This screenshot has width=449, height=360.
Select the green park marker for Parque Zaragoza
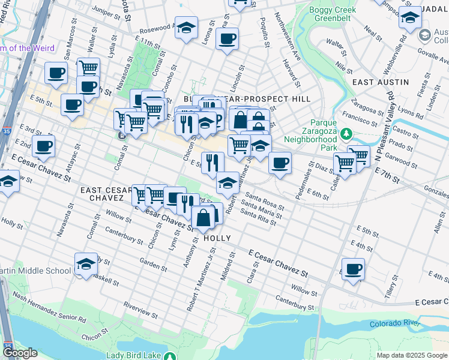click(x=346, y=133)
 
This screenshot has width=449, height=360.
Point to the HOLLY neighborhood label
click(x=217, y=238)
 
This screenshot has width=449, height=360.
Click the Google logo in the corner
click(x=20, y=353)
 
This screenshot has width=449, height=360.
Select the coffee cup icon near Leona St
click(x=227, y=40)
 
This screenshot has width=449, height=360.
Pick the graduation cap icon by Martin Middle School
click(x=86, y=264)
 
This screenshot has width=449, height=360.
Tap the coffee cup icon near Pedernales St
click(x=280, y=163)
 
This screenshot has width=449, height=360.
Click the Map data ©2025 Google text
click(x=412, y=355)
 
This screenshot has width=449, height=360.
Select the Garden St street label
click(x=152, y=264)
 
